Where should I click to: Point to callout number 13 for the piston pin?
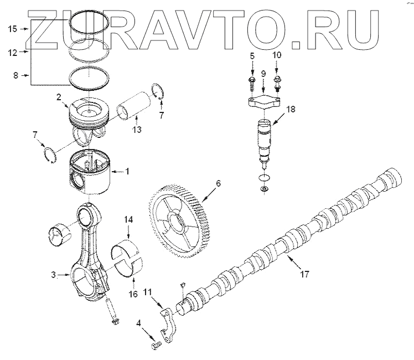(136, 130)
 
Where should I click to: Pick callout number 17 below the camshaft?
(304, 274)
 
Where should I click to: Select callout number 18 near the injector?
(291, 109)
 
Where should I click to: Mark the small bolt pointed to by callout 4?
(154, 346)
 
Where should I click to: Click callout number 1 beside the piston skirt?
(127, 171)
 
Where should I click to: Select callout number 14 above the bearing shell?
(128, 220)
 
